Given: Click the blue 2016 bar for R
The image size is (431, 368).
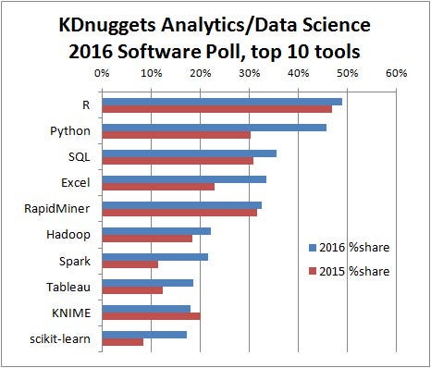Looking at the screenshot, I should tap(222, 101).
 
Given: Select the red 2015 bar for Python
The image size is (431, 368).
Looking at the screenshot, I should tap(176, 135).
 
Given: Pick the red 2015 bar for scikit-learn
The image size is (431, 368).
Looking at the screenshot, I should tap(122, 342).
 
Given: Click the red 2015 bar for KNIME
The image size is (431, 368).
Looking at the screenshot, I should tap(151, 316).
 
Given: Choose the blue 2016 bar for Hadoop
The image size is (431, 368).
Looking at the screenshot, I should tap(156, 230).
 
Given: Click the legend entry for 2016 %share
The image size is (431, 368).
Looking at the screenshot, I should tap(349, 249).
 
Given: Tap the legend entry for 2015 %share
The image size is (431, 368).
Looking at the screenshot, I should tap(349, 271).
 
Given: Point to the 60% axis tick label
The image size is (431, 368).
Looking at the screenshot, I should tap(396, 72).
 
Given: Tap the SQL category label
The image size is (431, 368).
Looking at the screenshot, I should tap(78, 157).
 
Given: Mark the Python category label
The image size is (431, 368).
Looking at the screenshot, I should tap(70, 131).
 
